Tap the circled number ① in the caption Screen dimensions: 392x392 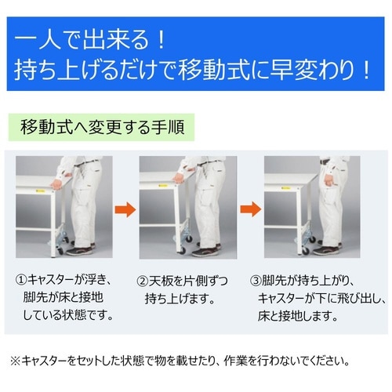pos(21,281)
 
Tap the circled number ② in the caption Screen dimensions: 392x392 pos(143,281)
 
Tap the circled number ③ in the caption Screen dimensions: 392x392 pos(256,281)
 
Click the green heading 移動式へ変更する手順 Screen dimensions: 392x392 pos(102,125)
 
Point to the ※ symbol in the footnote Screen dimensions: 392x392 pos(14,361)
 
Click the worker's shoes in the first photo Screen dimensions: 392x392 pos(82,250)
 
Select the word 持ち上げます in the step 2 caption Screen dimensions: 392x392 pos(177,299)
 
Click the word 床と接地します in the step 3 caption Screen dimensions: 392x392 pos(298,317)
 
